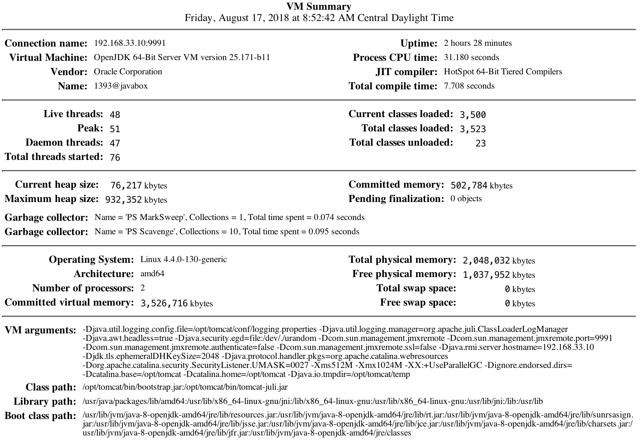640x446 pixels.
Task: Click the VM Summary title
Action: tap(319, 6)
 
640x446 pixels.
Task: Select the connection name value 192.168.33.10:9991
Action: tap(130, 43)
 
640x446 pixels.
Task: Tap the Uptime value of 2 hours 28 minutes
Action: tap(477, 43)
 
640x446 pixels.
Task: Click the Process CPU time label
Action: tap(395, 57)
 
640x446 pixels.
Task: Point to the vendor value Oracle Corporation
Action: tap(128, 72)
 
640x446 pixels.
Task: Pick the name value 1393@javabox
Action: tap(121, 86)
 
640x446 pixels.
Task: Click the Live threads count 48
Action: tap(115, 115)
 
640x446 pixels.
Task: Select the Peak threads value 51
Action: tap(115, 129)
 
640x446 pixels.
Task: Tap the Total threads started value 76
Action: tap(115, 157)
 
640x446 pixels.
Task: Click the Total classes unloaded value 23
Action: tap(480, 143)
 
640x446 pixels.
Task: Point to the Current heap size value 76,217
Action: tap(126, 185)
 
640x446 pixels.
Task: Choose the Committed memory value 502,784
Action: tap(469, 185)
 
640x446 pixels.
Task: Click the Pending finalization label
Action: tap(396, 199)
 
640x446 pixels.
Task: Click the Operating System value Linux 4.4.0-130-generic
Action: tap(183, 259)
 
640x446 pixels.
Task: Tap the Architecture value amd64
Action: tap(152, 274)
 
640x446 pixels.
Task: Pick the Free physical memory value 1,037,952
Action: tap(486, 275)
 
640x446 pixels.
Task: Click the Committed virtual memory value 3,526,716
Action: tap(164, 303)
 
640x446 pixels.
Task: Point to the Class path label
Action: tap(51, 387)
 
